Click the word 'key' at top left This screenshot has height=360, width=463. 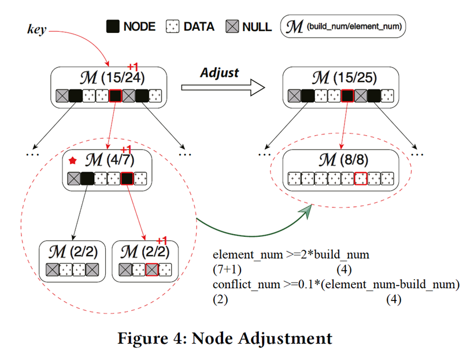click(x=37, y=29)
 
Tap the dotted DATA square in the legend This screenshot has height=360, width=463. click(x=173, y=27)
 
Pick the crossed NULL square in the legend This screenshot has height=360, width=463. click(x=232, y=27)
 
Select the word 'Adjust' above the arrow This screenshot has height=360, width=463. click(x=219, y=72)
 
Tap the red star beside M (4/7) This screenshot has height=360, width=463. click(x=73, y=160)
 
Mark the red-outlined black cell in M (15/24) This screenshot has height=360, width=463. click(x=115, y=96)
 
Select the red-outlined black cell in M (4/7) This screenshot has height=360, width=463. click(x=127, y=179)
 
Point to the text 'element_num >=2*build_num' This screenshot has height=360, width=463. click(x=291, y=255)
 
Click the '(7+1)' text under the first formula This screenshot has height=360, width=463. click(x=227, y=269)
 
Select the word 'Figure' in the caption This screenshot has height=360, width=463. click(x=145, y=337)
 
